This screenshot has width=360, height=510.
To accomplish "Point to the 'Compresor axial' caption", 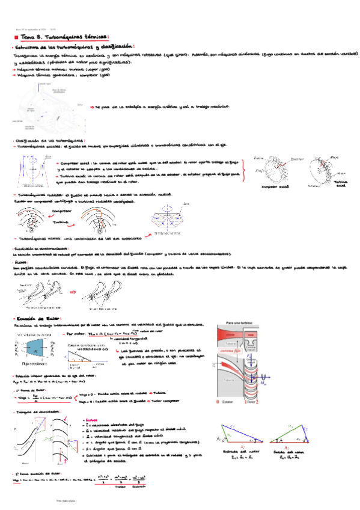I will pyautogui.click(x=273, y=187).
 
